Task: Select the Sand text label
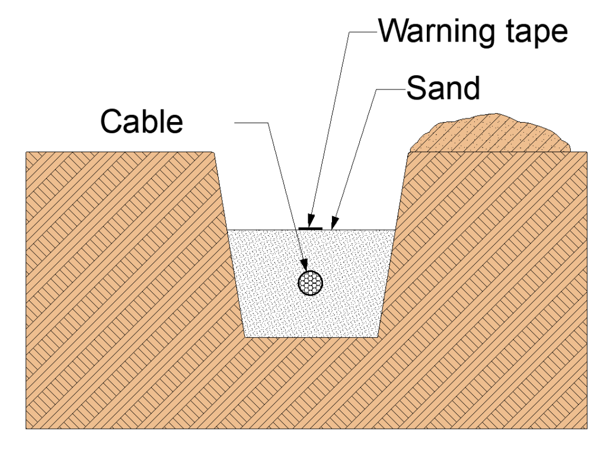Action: click(443, 89)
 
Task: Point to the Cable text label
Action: click(141, 122)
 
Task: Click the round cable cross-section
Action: click(312, 283)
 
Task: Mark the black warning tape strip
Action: click(311, 227)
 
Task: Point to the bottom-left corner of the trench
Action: click(245, 337)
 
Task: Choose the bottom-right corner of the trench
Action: click(379, 337)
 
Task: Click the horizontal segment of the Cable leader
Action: click(252, 123)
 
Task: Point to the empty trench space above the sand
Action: click(311, 184)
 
